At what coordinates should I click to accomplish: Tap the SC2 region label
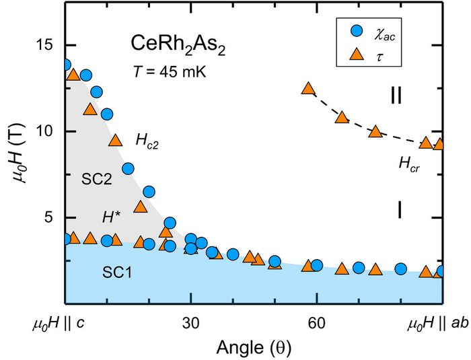97,180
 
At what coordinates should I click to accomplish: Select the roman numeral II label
397,95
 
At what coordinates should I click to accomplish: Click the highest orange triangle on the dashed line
309,89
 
